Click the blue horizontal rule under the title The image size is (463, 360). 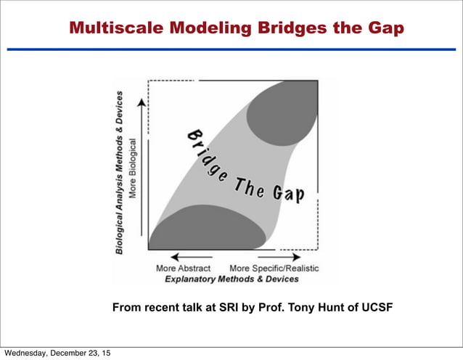pos(231,49)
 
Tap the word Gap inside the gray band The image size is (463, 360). pos(288,195)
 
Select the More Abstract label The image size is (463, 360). pos(183,268)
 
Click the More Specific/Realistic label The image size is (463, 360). pos(274,268)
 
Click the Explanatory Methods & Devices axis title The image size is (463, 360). pos(231,279)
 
